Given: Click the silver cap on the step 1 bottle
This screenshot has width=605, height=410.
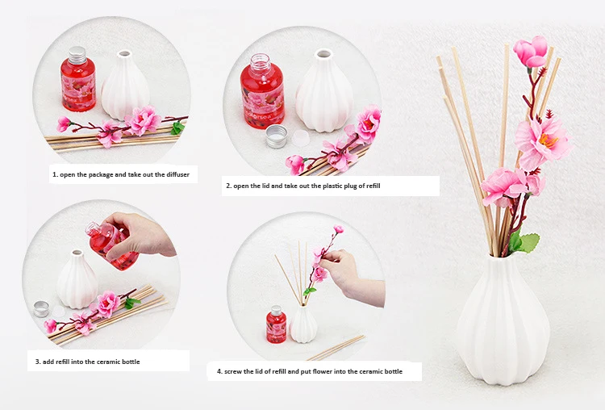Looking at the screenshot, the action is [x=77, y=54].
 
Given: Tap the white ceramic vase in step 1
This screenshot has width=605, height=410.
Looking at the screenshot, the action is [x=124, y=85].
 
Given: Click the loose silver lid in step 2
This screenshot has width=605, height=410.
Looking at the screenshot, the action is [x=277, y=136].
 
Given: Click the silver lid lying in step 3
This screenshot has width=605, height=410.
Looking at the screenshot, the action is [x=41, y=309].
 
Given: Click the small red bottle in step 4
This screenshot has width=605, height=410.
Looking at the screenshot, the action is [x=276, y=324].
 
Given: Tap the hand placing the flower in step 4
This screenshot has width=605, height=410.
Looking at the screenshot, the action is [x=351, y=277].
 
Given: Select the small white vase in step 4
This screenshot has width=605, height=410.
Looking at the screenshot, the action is [x=303, y=324].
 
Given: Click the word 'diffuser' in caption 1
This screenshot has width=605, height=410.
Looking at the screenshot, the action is [x=178, y=174].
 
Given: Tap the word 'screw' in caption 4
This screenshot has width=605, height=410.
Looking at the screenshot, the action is [x=233, y=371].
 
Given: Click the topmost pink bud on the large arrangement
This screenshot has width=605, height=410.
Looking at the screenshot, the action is [x=531, y=51].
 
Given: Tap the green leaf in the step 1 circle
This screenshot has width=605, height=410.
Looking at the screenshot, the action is [x=177, y=128].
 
